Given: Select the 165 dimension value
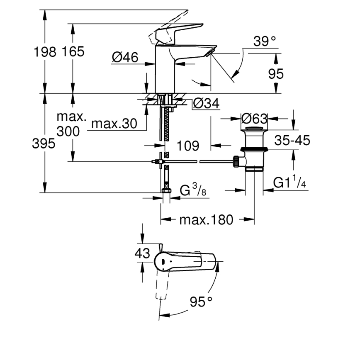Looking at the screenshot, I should point(73,52).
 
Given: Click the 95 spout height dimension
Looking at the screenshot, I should point(276,73).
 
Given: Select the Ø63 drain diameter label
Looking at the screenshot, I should point(254,119).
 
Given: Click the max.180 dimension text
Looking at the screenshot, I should point(206,219).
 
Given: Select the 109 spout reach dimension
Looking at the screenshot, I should point(188,146).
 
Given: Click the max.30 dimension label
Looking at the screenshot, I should point(114,124).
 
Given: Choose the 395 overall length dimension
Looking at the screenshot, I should point(44,144).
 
